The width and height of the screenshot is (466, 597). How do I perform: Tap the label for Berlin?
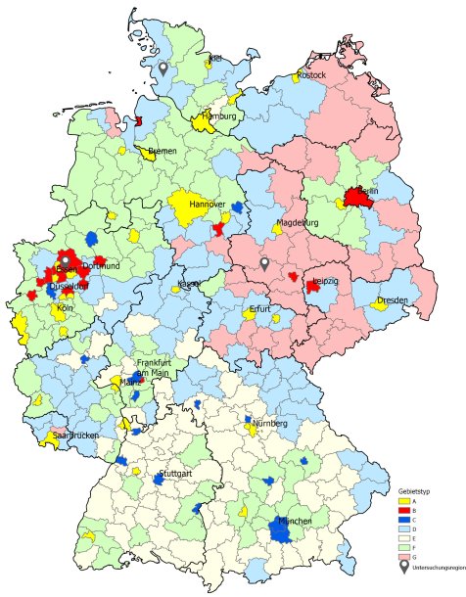click(368, 191)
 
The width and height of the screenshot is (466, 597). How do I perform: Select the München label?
click(295, 522)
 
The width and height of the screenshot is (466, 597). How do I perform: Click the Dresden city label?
click(392, 299)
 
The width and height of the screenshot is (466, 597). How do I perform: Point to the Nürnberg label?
click(269, 423)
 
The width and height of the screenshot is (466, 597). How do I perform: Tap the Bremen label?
click(163, 151)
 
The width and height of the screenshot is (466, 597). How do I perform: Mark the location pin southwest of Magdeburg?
click(263, 263)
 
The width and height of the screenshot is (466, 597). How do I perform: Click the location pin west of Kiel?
click(163, 68)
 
